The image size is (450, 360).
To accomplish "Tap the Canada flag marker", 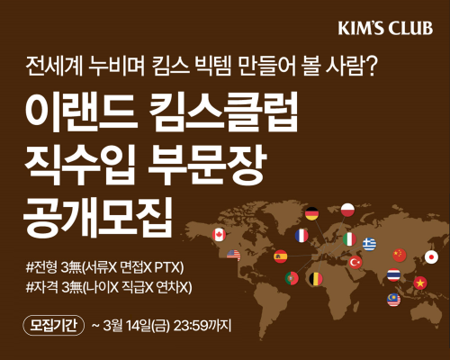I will tap(218, 234).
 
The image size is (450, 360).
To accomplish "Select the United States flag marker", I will tap(234, 255).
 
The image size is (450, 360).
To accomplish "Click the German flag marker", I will tap(311, 213).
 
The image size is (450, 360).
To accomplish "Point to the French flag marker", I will tap(301, 235).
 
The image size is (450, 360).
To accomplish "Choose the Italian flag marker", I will tap(348, 238).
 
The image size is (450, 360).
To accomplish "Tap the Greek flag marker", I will tap(369, 244).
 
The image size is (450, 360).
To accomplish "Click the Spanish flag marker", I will tap(280, 256).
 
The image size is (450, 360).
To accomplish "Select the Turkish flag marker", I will tap(355, 262).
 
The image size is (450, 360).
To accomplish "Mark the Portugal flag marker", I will tap(292, 278).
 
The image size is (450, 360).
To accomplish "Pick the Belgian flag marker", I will tap(315, 278).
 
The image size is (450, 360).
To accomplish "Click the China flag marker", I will tap(400, 255).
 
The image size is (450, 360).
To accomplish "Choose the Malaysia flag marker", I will tap(393, 299).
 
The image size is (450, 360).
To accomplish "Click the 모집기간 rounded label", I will tap(50, 324).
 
